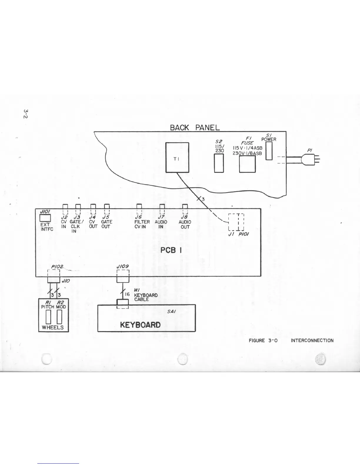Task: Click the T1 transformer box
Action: point(177,157)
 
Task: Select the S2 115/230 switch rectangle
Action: point(219,163)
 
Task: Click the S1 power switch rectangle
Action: point(269,151)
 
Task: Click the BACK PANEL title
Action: point(195,127)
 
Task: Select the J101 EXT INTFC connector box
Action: point(45,217)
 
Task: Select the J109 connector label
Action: point(123,266)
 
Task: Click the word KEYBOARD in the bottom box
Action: point(140,324)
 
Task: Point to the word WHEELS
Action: point(53,327)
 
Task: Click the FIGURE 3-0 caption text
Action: point(264,340)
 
